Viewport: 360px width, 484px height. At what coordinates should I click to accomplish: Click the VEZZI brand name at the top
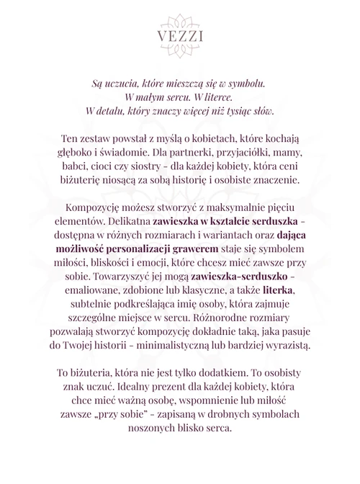coord(179,36)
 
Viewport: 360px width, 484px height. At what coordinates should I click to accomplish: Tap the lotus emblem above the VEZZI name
coord(179,19)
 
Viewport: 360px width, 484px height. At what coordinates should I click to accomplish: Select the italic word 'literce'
coord(220,97)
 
